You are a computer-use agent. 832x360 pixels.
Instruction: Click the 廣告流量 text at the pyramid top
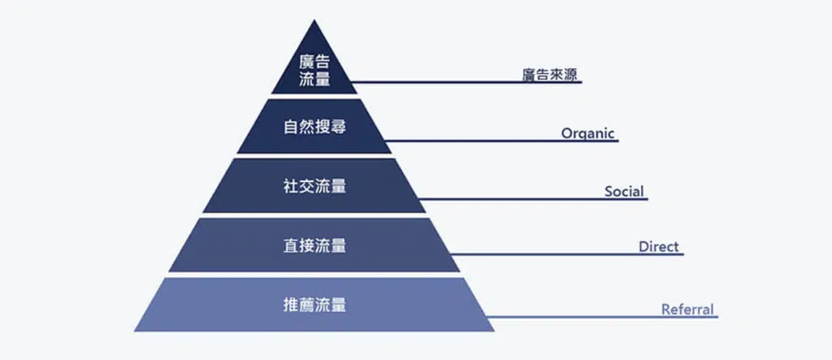point(314,70)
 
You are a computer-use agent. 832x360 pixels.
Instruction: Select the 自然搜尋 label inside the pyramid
point(314,128)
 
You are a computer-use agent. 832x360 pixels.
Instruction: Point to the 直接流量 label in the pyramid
point(314,246)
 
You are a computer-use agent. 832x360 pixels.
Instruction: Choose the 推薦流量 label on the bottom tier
point(314,306)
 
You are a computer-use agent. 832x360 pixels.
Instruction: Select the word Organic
point(588,133)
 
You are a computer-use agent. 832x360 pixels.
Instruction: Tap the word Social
point(624,192)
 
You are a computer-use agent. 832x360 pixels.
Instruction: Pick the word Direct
point(658,247)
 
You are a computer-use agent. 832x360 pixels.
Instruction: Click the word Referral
point(687,310)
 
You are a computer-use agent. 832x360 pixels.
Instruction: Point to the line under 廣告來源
point(466,82)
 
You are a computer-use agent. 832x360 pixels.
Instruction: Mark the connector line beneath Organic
point(502,141)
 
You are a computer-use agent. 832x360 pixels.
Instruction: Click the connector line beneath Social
point(533,200)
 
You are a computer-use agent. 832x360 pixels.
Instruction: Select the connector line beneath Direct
point(567,254)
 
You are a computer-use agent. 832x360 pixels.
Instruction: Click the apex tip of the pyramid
point(314,20)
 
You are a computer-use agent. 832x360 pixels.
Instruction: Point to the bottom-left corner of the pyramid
point(135,331)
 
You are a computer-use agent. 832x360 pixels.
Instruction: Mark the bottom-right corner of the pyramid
point(494,331)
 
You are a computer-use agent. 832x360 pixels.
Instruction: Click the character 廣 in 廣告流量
point(306,62)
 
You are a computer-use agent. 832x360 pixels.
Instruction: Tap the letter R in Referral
point(665,310)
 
